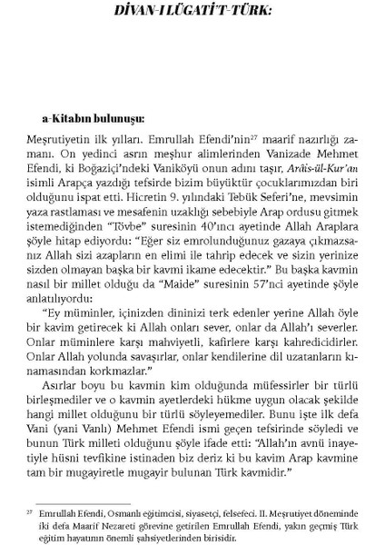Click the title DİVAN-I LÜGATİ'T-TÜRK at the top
192,13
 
